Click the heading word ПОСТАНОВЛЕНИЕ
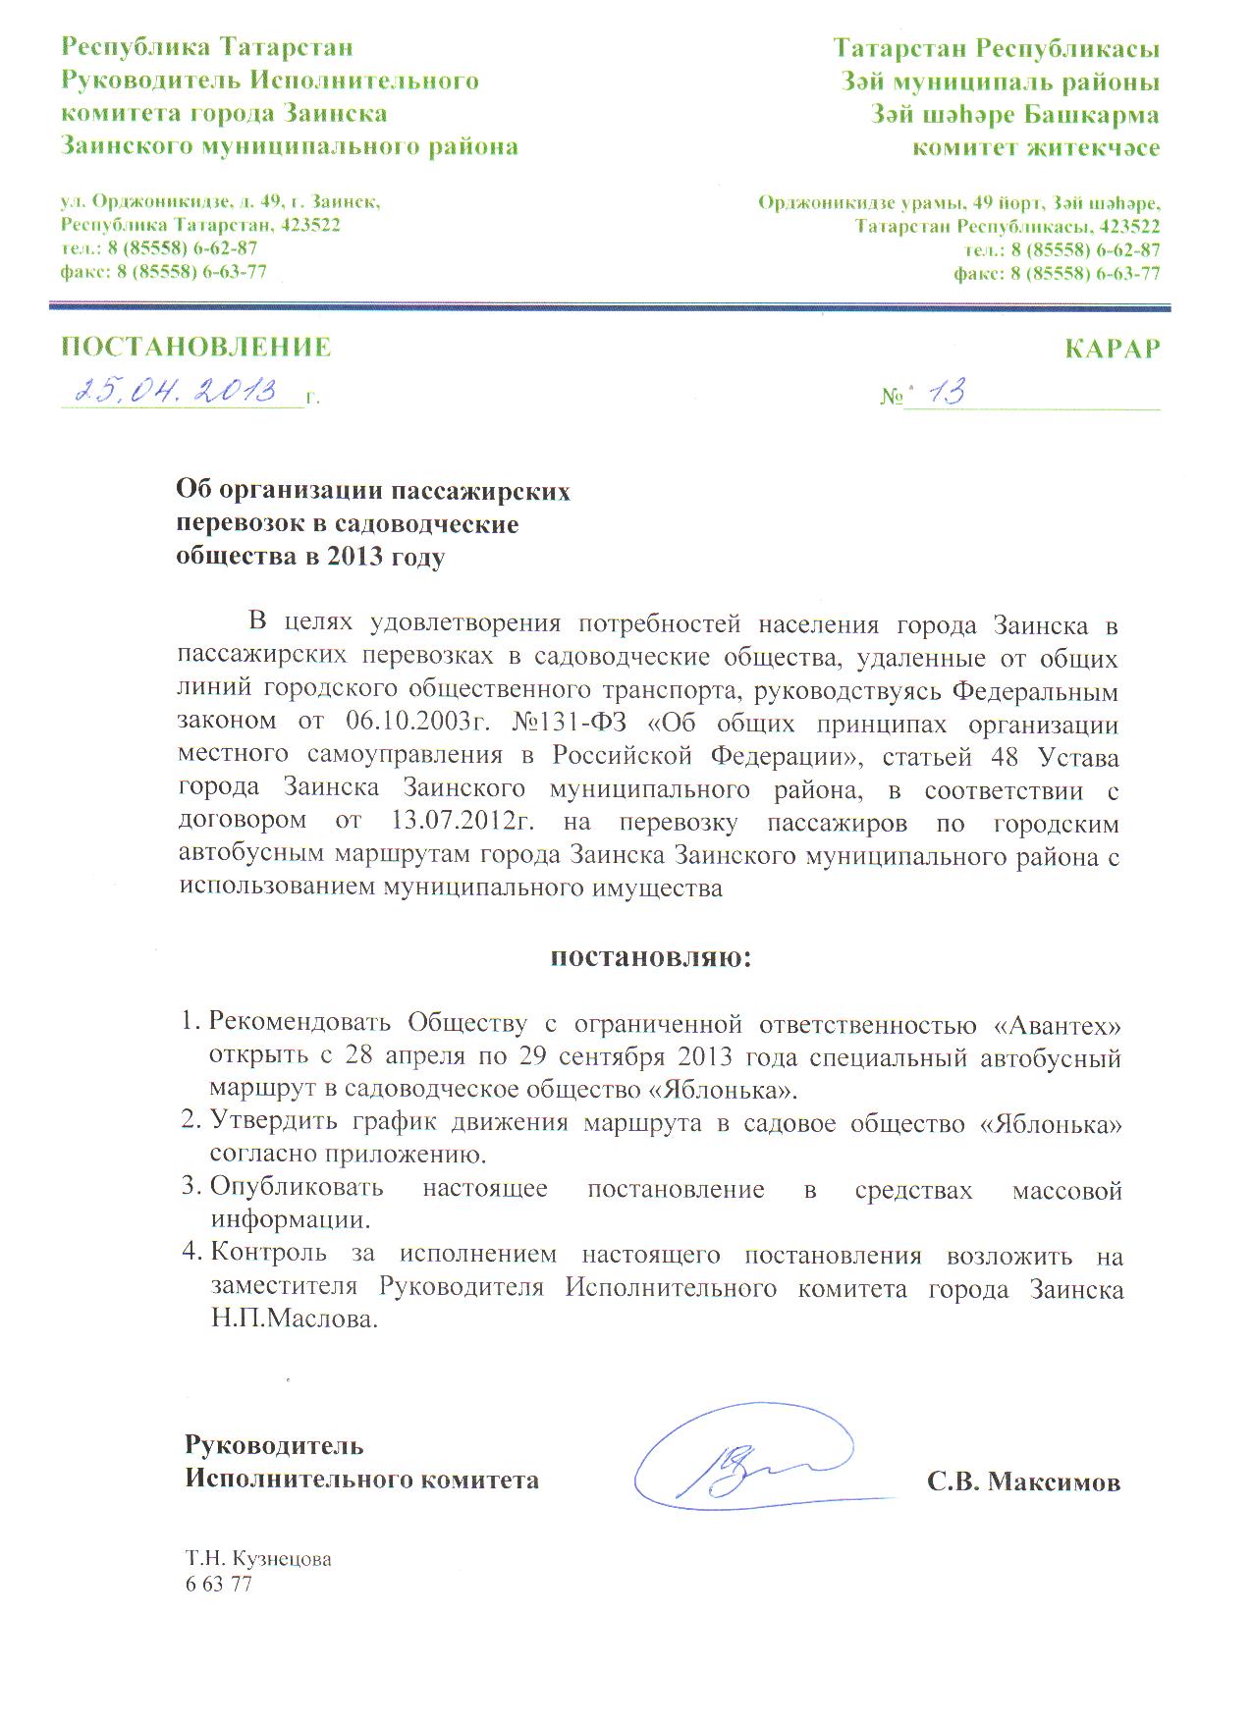pyautogui.click(x=196, y=347)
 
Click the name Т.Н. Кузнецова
pyautogui.click(x=258, y=1559)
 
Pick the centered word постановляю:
pyautogui.click(x=648, y=956)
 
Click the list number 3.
pyautogui.click(x=190, y=1190)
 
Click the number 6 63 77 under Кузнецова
pyautogui.click(x=218, y=1584)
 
